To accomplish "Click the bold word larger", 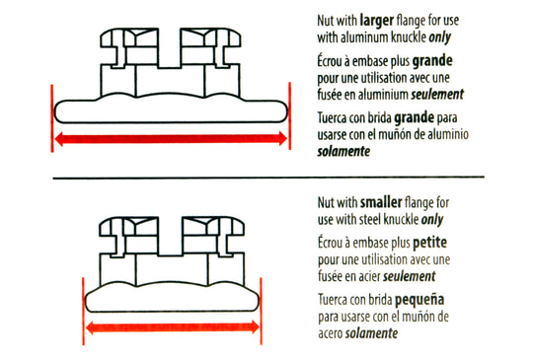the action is click(377, 21).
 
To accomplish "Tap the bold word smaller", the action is click(381, 202).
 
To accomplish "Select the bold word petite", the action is click(429, 244).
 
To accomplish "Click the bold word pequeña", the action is click(419, 300).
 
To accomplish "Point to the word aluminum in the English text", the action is click(364, 37).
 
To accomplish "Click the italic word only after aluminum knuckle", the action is click(440, 38).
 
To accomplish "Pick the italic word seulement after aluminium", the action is click(437, 95).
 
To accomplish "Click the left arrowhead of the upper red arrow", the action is click(59, 138).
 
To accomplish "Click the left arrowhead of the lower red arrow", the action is click(90, 327).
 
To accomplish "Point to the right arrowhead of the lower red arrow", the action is click(255, 327).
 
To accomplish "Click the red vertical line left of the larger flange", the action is click(52, 118).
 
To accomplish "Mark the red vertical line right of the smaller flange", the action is click(261, 312).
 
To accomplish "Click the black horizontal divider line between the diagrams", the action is click(268, 178).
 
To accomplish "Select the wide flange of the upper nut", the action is click(171, 111).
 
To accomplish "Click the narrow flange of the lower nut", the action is click(172, 301).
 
